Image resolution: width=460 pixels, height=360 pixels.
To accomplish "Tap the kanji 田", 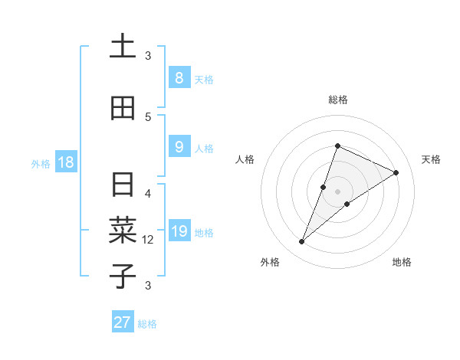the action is (x=123, y=109).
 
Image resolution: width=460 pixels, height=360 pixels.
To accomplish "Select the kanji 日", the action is (x=123, y=186).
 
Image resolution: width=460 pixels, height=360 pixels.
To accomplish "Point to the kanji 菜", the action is (x=123, y=230).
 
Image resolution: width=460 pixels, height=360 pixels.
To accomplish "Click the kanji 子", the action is (x=123, y=275).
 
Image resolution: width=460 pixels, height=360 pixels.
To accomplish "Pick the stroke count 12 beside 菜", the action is (x=148, y=240).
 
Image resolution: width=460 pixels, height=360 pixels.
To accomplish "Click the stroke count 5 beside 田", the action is (x=148, y=116).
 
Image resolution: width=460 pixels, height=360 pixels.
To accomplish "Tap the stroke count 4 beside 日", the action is (x=148, y=193).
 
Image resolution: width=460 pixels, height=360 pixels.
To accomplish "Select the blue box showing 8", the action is (x=179, y=78).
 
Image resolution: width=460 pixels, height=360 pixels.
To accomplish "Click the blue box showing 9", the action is (x=179, y=147).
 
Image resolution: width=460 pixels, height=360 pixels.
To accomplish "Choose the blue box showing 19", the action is (x=179, y=231).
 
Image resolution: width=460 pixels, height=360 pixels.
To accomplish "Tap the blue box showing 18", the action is (x=64, y=162).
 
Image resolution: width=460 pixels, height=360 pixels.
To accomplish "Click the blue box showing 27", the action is (x=122, y=322).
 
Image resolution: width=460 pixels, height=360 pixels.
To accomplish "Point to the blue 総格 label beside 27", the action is (x=147, y=324).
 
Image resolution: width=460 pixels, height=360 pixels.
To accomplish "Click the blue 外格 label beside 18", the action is (x=40, y=163).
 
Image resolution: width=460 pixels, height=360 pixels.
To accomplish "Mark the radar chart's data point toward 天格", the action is (x=396, y=172).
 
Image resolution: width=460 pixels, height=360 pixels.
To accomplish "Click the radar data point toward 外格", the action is (x=302, y=242).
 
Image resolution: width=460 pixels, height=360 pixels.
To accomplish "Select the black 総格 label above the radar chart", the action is (x=338, y=100).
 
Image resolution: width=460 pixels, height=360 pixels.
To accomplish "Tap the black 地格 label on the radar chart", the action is (x=402, y=262).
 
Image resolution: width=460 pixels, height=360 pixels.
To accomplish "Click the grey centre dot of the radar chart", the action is (x=338, y=191).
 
